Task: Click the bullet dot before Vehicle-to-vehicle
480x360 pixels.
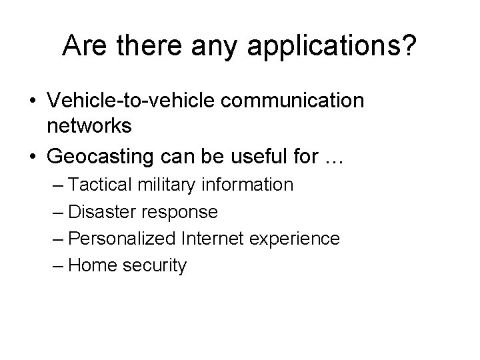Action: point(32,101)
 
